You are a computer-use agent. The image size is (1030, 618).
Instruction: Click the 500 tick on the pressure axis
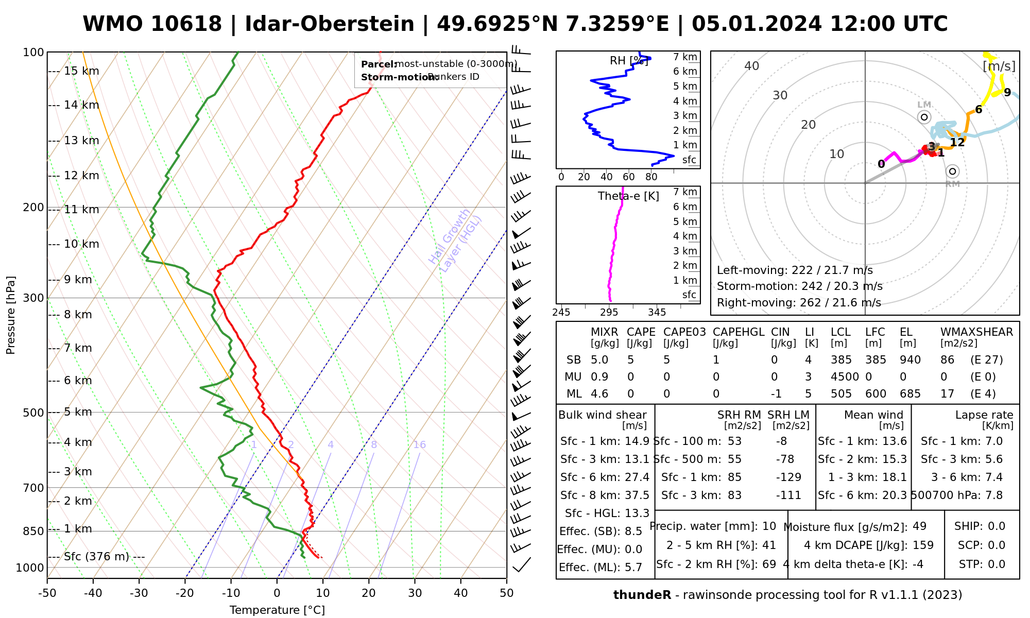(33, 413)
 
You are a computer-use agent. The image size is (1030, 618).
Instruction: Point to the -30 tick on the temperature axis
(139, 593)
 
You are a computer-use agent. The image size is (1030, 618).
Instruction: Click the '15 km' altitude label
(81, 71)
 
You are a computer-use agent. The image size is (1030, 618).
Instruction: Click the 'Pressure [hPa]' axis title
(11, 315)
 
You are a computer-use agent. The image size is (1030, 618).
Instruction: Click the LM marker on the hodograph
(924, 117)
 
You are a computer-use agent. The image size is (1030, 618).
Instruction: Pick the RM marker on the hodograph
(952, 171)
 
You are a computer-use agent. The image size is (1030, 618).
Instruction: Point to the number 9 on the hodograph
(1007, 93)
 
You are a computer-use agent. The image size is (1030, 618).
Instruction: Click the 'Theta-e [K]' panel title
(628, 196)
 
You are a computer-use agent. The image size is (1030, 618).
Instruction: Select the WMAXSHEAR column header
(976, 332)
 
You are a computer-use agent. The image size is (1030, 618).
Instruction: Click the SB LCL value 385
(841, 360)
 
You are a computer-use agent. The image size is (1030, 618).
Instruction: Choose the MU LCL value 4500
(845, 377)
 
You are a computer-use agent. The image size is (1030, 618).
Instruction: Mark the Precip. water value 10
(769, 526)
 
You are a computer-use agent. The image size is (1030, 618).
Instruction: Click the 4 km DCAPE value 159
(923, 545)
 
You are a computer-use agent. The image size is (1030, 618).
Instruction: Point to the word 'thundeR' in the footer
(642, 595)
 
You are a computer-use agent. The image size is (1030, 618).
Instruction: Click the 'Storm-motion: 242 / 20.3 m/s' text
(799, 286)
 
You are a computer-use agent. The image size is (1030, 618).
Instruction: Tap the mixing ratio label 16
(419, 445)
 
